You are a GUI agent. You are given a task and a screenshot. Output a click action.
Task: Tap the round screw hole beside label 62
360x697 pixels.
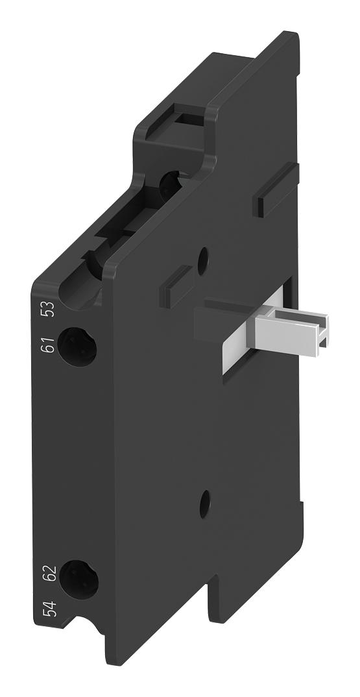point(78,579)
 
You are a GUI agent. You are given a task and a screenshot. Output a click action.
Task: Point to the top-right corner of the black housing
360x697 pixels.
point(296,36)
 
